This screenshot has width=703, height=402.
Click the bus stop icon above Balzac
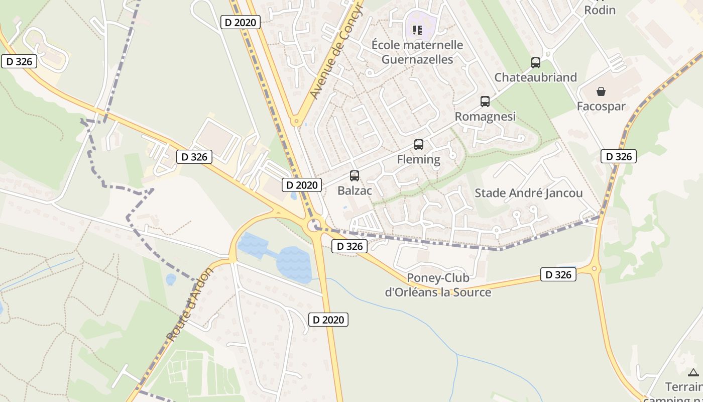(x=355, y=176)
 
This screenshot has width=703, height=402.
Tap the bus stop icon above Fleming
(x=419, y=145)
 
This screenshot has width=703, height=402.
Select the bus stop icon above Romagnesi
(x=485, y=102)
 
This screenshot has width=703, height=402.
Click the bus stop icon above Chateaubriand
(x=536, y=63)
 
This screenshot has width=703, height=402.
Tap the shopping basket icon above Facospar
(x=601, y=91)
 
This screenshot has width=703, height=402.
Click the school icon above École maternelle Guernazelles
(x=417, y=30)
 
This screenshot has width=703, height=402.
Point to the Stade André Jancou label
(x=528, y=193)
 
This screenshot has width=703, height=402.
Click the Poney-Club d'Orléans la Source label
(x=438, y=285)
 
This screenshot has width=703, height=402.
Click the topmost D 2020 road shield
(x=241, y=22)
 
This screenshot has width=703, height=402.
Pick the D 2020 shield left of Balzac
(x=301, y=185)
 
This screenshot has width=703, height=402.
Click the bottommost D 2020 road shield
(x=328, y=319)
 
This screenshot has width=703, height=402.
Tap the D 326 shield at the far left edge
(x=20, y=62)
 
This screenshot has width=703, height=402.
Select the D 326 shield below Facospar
(x=619, y=156)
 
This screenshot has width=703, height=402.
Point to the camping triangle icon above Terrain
(x=693, y=372)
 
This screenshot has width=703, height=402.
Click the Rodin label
(x=600, y=10)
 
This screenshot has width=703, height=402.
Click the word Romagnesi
(x=485, y=117)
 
